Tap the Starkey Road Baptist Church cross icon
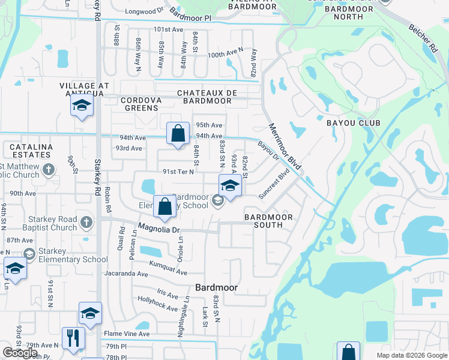click(x=86, y=222)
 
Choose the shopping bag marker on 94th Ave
click(x=178, y=134)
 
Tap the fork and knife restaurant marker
click(x=74, y=337)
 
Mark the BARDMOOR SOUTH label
click(x=268, y=221)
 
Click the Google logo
click(x=20, y=352)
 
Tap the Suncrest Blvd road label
click(x=274, y=183)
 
